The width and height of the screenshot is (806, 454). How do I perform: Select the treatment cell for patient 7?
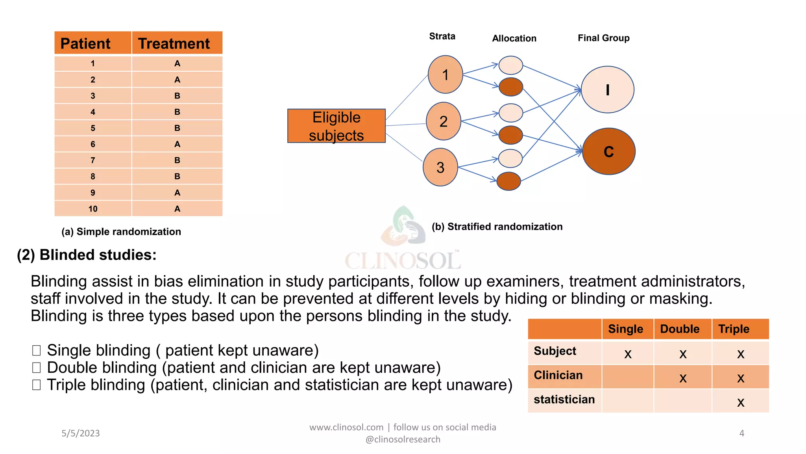tap(177, 160)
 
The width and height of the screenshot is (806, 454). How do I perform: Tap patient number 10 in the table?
tap(93, 209)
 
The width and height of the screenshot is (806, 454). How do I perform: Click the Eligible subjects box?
tap(336, 126)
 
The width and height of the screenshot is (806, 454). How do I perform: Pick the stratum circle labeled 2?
tap(444, 121)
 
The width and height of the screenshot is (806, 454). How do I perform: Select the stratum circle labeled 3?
tap(440, 167)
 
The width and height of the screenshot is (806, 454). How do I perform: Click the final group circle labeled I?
tap(607, 90)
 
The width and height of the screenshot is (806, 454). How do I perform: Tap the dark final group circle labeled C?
tap(608, 151)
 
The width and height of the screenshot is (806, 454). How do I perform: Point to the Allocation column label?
tap(514, 38)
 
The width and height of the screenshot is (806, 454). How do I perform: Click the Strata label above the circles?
tap(442, 36)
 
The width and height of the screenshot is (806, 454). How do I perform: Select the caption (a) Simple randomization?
tap(121, 232)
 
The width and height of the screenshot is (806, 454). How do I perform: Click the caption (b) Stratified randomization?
tap(497, 227)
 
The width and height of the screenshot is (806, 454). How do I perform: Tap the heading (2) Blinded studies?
tap(87, 255)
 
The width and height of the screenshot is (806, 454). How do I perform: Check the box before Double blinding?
tap(37, 368)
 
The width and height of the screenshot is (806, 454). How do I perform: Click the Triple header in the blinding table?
tap(734, 329)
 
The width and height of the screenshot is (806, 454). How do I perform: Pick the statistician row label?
tap(564, 400)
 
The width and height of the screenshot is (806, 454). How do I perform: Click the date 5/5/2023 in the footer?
tap(81, 434)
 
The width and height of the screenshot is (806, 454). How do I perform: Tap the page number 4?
tap(741, 434)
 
